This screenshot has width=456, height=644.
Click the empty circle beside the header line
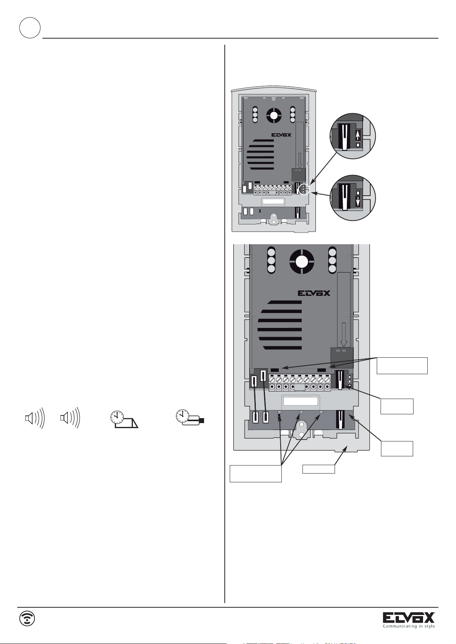[x=30, y=28]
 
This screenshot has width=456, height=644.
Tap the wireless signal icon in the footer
[x=27, y=618]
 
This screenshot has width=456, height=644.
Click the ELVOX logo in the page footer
[x=409, y=618]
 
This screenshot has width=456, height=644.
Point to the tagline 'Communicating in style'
[x=409, y=626]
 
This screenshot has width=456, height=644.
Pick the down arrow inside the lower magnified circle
[x=358, y=202]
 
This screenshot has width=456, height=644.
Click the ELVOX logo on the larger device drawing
[x=314, y=294]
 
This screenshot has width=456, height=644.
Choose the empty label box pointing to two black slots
[x=402, y=365]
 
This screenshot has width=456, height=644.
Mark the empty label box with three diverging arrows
[x=255, y=473]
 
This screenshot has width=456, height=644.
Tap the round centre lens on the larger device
[x=302, y=261]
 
